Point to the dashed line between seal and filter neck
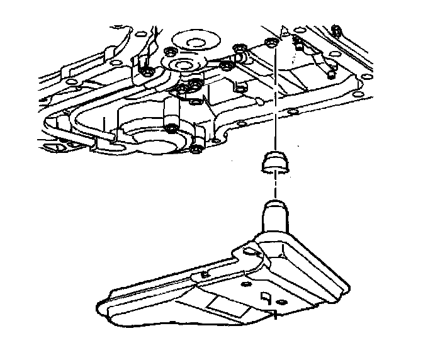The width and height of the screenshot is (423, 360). (x=275, y=188)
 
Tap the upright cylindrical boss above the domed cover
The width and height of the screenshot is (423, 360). (x=169, y=113)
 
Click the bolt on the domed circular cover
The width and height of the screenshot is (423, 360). (x=172, y=130)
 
